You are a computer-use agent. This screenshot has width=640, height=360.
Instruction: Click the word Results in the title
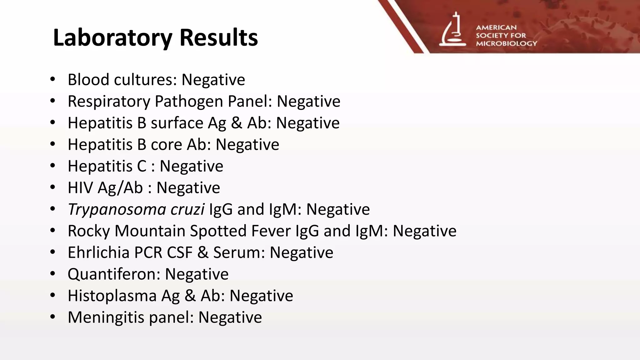pos(218,37)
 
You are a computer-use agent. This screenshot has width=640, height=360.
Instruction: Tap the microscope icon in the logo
pos(452,30)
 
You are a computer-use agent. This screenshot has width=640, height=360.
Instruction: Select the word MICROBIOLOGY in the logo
pos(506,43)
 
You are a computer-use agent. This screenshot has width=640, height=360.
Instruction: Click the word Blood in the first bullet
pos(88,79)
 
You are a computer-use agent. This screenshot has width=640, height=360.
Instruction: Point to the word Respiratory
pos(109,101)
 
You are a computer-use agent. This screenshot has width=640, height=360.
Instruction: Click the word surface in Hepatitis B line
pos(177,123)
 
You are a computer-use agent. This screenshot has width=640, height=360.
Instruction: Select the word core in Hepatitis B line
pos(166,144)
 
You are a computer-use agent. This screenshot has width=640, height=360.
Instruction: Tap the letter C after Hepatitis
pos(142,166)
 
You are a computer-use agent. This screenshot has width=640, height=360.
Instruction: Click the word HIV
pos(80,187)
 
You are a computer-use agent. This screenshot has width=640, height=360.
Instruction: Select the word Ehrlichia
pos(98,252)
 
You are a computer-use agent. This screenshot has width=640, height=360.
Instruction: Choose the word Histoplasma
pos(112,296)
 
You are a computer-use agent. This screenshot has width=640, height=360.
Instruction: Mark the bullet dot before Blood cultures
pos(52,79)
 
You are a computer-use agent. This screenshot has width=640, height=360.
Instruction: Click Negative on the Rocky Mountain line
pos(424,231)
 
